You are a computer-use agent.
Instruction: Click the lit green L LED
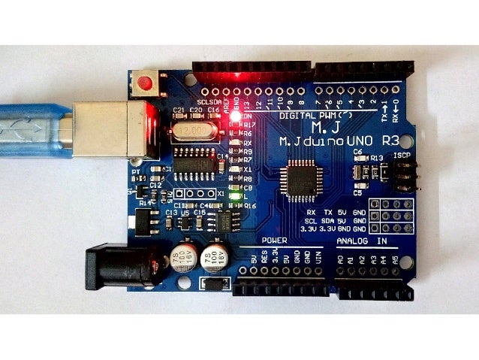tap(236, 197)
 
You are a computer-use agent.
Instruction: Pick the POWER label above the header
tap(274, 240)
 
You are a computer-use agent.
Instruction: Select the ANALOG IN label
tap(362, 241)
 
